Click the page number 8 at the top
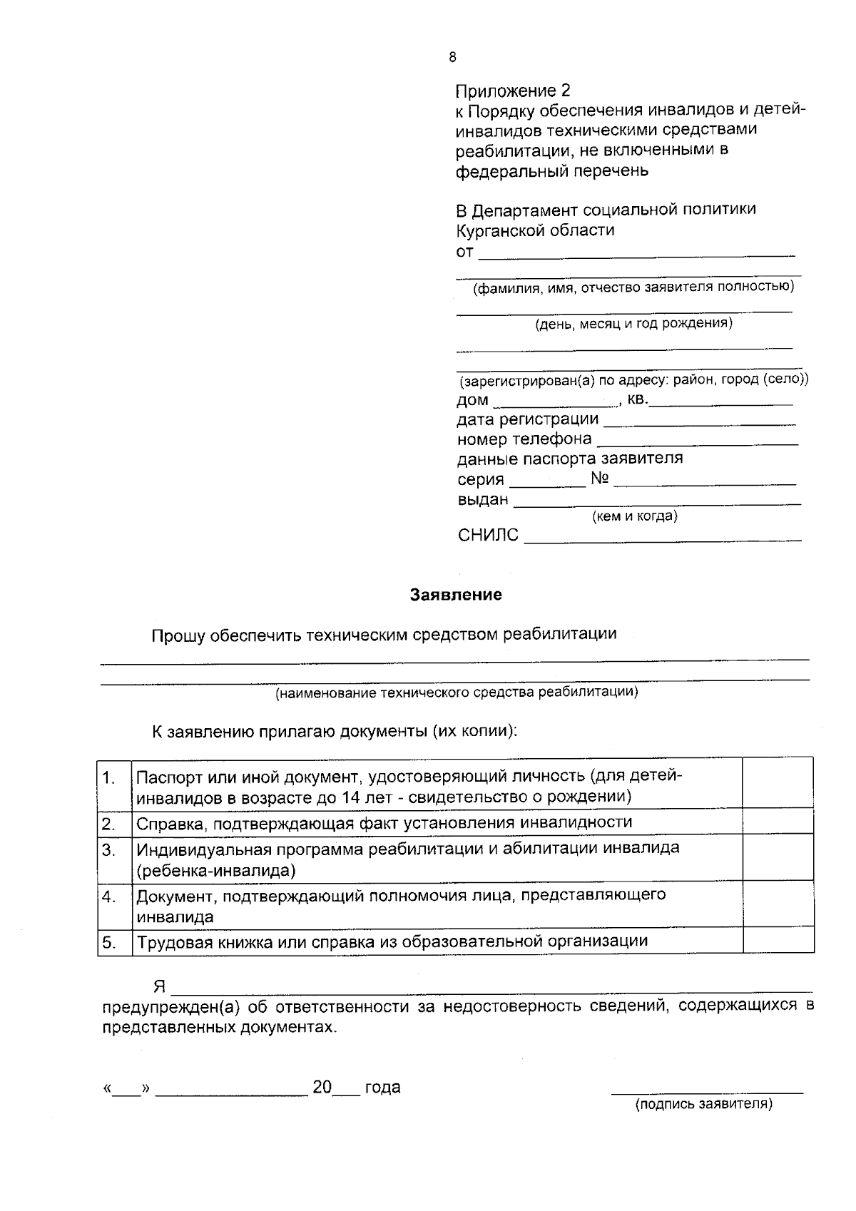[453, 58]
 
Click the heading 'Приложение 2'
[513, 91]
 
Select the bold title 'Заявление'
[456, 595]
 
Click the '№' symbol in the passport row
[599, 479]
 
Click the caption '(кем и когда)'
[634, 516]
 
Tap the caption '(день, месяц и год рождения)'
[633, 323]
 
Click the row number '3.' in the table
[108, 849]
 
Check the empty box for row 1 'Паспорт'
[778, 782]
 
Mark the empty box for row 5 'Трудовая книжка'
[778, 940]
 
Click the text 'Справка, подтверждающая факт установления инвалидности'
[384, 822]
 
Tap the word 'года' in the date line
[382, 1088]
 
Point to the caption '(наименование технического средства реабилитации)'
[457, 692]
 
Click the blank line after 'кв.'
[720, 401]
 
